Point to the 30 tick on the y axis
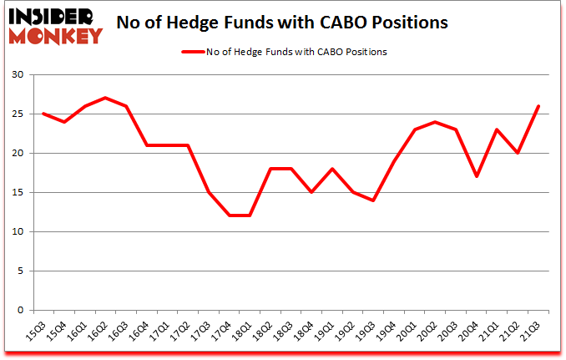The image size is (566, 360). click(x=19, y=75)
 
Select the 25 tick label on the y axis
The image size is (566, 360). click(x=19, y=114)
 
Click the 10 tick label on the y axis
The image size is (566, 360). click(x=19, y=231)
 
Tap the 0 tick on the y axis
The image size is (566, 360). click(x=22, y=310)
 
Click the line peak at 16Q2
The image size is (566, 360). click(x=104, y=98)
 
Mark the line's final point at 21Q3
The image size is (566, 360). click(x=538, y=106)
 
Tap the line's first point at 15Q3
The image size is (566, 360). click(x=43, y=114)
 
